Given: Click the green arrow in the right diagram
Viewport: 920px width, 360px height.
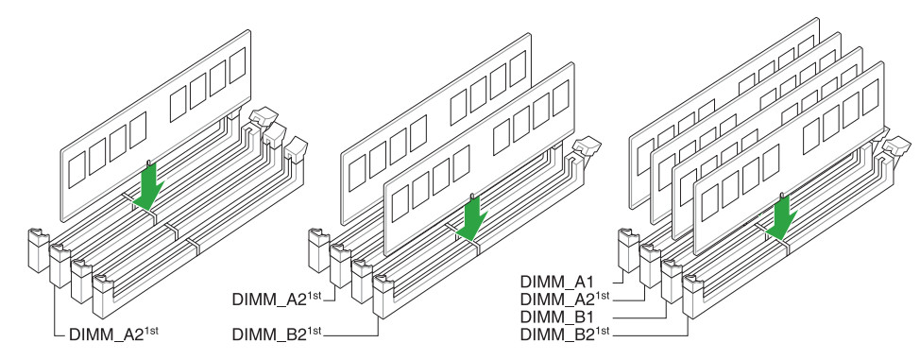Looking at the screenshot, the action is point(780,218).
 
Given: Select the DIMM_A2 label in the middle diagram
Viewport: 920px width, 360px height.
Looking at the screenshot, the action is point(277,299).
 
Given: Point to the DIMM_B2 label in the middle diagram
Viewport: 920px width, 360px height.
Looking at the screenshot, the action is point(277,334).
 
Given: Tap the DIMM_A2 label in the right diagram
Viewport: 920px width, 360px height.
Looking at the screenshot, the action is point(565,299).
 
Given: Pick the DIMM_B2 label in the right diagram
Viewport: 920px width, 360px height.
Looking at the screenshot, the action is point(565,334).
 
